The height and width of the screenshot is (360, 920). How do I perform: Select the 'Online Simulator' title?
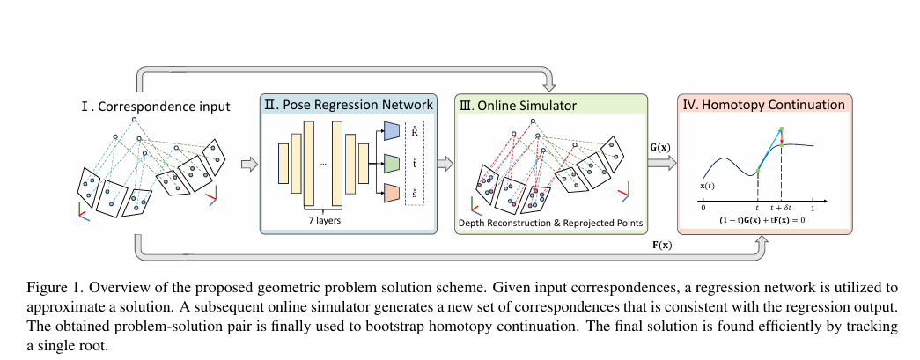coord(518,106)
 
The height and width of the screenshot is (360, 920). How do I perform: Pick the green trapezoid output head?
coord(392,163)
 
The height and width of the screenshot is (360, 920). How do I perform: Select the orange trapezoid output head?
coord(392,193)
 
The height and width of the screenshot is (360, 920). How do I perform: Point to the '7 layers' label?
coord(324,221)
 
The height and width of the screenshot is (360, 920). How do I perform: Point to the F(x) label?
coord(656,246)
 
